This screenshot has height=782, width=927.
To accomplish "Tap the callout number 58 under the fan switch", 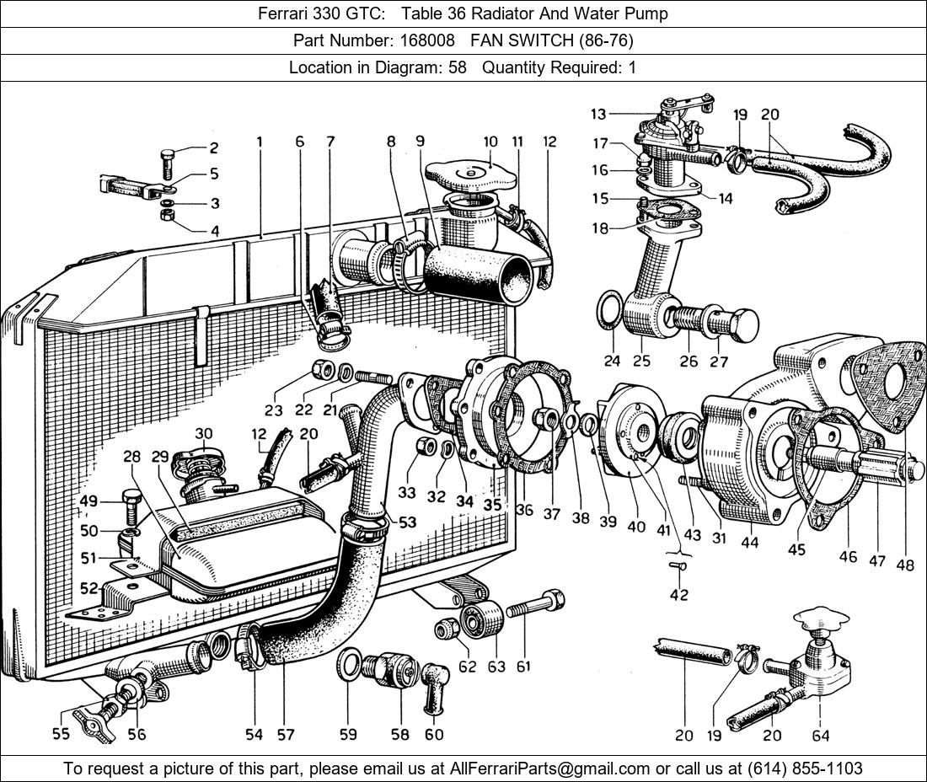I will click(x=400, y=735).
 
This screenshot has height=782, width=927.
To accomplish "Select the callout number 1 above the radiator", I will click(x=260, y=142).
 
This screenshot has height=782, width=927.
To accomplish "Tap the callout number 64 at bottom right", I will click(x=820, y=735).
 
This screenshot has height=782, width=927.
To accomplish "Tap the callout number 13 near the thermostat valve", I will click(x=598, y=113).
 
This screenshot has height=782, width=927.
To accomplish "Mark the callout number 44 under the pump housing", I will click(x=749, y=544).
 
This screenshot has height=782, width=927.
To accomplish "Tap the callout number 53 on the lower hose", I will click(x=407, y=522).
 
